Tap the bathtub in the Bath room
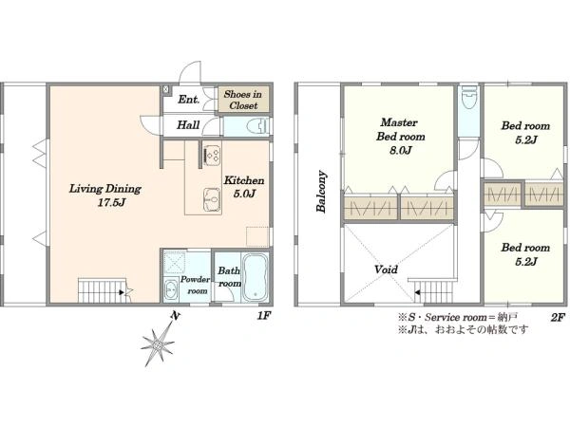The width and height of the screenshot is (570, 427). [255, 278]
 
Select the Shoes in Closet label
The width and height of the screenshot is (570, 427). [243, 100]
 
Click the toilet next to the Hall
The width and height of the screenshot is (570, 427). [257, 127]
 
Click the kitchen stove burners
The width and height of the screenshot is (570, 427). [212, 155]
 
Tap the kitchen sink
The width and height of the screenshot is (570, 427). [212, 199]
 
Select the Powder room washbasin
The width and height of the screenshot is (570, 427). [170, 290]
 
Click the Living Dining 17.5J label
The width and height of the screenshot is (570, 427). [105, 195]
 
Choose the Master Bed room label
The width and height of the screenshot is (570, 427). [400, 136]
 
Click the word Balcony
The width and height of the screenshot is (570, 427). [321, 191]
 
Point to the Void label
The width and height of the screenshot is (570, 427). [386, 269]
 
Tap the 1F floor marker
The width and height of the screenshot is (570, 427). [264, 316]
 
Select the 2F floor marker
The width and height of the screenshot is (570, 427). [558, 318]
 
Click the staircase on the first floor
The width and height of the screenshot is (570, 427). [103, 290]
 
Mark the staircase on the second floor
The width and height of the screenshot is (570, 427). [434, 291]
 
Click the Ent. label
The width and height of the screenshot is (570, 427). [189, 99]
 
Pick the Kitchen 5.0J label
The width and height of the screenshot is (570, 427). [244, 187]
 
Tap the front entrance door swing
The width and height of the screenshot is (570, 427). [191, 71]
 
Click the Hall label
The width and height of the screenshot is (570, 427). [188, 125]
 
